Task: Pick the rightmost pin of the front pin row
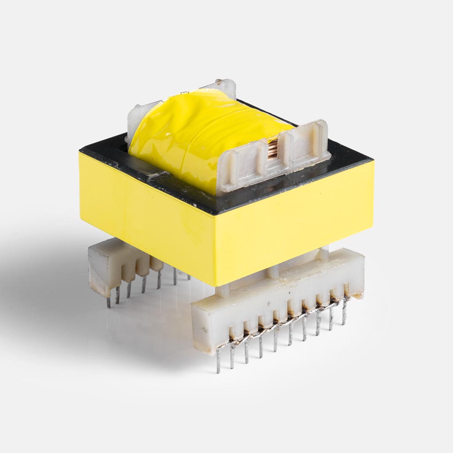tap(344, 312)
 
